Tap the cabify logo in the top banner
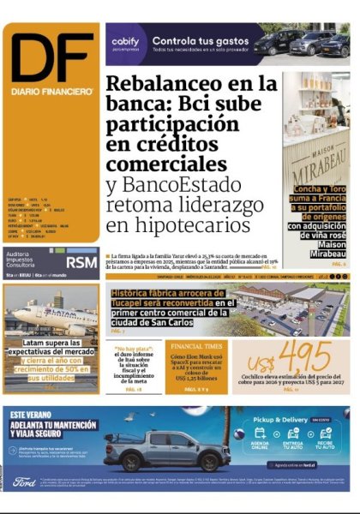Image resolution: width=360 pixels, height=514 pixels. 125,40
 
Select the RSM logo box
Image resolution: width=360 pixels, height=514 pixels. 82,261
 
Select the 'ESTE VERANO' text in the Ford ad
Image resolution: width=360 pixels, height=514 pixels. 34,414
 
